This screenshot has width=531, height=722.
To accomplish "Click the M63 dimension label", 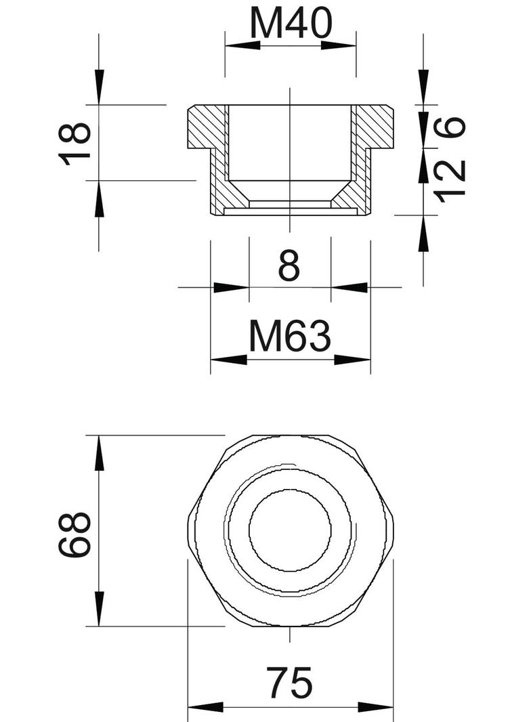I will point(290,337).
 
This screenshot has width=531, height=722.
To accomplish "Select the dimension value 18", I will point(75,143).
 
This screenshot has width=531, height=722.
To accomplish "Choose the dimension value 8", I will point(289,266).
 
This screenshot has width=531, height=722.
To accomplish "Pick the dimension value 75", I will point(290,683).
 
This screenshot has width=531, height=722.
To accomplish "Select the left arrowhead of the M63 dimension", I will point(228,359).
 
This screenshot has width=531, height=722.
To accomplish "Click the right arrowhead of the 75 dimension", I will point(376,708).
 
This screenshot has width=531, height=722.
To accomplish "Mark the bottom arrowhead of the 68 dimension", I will point(99,609).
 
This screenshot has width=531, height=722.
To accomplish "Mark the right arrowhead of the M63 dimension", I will point(353,359).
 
